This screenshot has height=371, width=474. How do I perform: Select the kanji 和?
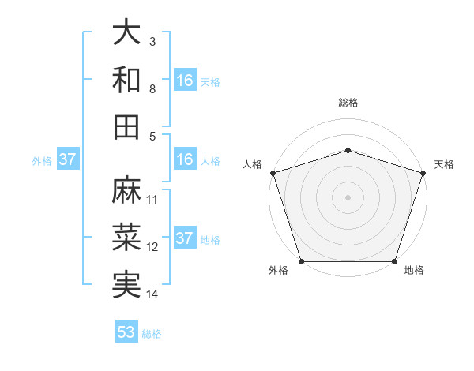tap(126, 79)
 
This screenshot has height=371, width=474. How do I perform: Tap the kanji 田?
tap(126, 126)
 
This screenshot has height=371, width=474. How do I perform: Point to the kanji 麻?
tap(126, 190)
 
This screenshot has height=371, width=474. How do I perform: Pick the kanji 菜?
tap(126, 238)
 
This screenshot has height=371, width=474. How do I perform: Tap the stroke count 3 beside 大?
tap(152, 41)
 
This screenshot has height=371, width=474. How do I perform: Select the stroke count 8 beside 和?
tap(152, 88)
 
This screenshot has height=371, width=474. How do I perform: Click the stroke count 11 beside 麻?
tap(153, 199)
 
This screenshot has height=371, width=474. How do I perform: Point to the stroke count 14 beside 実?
tap(153, 294)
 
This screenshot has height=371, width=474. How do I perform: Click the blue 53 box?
tap(126, 332)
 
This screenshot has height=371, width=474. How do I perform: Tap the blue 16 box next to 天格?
tap(185, 81)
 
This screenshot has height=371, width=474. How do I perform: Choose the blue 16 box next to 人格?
tap(185, 159)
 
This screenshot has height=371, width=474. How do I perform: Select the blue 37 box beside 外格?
tap(67, 159)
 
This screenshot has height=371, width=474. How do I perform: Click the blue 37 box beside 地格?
tap(185, 238)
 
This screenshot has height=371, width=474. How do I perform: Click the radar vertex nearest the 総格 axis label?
tap(348, 150)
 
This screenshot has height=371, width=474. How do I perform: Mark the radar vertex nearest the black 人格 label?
tap(273, 173)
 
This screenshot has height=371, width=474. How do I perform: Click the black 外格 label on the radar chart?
tap(278, 270)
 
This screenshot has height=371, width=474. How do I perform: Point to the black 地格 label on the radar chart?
tap(414, 270)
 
